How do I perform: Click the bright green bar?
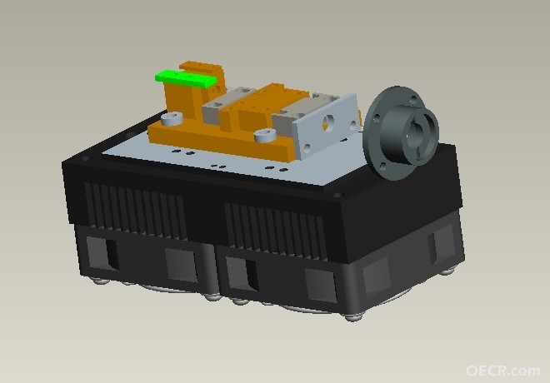click(186, 79)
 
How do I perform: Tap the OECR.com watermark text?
click(502, 371)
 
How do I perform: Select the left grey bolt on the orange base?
click(172, 118)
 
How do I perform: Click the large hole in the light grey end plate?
click(329, 122)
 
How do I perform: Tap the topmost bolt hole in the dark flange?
click(413, 100)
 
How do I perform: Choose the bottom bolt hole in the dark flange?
click(383, 166)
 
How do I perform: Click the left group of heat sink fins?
click(135, 211)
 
